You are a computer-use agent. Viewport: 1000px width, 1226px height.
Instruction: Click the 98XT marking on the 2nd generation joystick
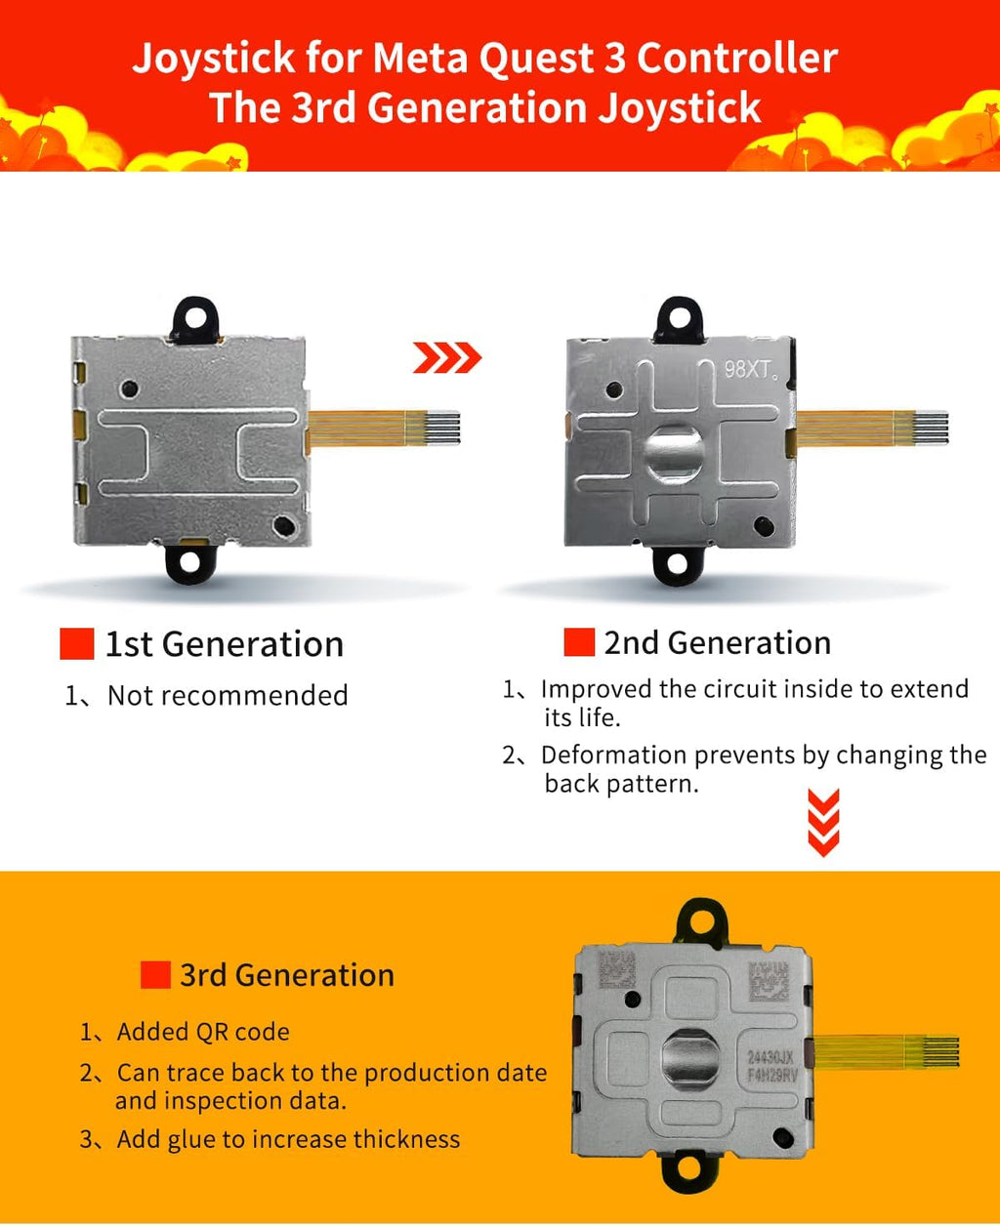(750, 370)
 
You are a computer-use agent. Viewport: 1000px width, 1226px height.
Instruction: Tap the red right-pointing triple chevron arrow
(447, 357)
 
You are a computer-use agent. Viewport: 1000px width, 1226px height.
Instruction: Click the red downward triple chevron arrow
(824, 823)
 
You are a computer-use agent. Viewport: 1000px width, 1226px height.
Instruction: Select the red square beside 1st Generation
(77, 643)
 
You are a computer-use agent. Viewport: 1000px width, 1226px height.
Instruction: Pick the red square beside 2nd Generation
(579, 641)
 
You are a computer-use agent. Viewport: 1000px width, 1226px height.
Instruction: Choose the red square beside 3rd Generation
(155, 974)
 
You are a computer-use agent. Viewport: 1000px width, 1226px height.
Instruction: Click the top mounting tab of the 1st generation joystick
(194, 320)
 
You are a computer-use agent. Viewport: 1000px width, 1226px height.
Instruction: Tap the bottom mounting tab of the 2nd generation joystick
(678, 565)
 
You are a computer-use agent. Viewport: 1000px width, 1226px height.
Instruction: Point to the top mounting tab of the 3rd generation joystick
(702, 921)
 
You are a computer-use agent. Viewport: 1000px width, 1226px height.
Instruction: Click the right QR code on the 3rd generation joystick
(769, 981)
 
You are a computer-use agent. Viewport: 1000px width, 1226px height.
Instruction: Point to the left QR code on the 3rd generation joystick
(617, 968)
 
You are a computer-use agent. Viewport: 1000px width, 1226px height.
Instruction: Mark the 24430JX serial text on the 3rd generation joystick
(771, 1057)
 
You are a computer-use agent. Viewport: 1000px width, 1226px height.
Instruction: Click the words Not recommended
(229, 695)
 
